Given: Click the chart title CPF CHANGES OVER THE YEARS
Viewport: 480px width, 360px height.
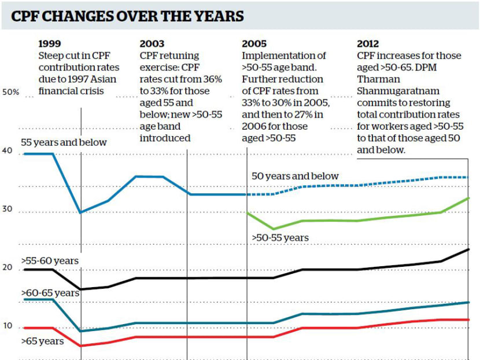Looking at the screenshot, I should (x=127, y=16).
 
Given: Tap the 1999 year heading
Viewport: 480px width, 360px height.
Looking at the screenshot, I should (x=49, y=43).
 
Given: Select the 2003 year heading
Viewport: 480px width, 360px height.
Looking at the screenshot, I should (x=152, y=43).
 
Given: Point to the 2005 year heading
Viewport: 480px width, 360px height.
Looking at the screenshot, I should (x=254, y=43).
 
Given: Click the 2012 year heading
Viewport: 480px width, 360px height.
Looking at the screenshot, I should (x=368, y=43).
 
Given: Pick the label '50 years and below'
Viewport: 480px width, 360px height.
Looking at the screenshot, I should (x=295, y=176).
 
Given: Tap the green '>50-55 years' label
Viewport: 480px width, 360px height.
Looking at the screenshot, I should (x=279, y=237).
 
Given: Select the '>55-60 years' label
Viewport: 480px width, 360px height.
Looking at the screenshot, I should (x=49, y=261).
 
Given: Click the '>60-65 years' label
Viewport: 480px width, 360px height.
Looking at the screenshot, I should (x=49, y=293).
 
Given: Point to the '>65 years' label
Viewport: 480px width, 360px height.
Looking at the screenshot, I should (x=42, y=341).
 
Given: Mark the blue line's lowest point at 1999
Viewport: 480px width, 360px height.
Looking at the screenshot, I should (x=81, y=212).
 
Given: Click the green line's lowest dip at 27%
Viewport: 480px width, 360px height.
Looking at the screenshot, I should (x=274, y=229).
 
